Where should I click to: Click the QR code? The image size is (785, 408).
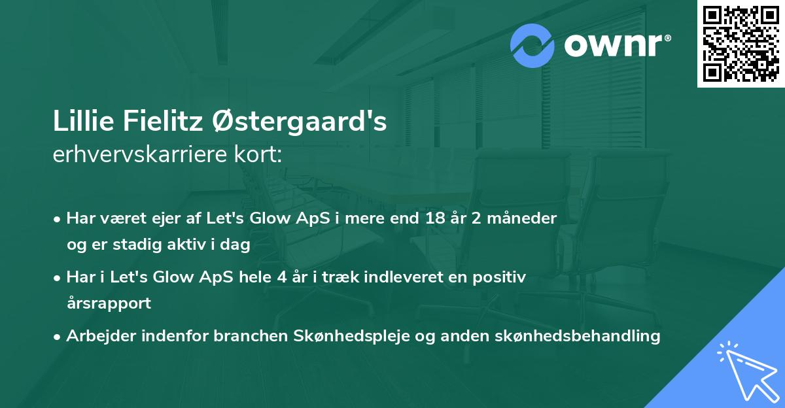click(741, 43)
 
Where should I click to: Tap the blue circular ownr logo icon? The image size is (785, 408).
click(532, 44)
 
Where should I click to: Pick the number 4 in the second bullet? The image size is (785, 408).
click(282, 277)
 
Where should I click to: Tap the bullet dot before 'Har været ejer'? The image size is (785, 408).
click(58, 219)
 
